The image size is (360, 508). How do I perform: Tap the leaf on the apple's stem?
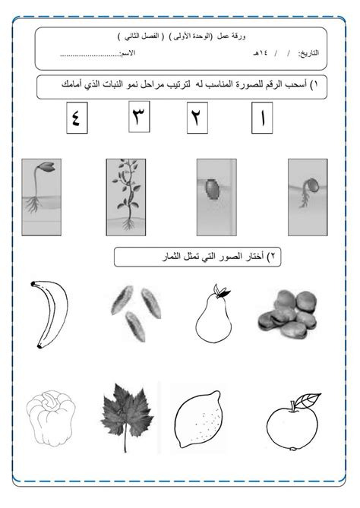[x=308, y=399]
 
